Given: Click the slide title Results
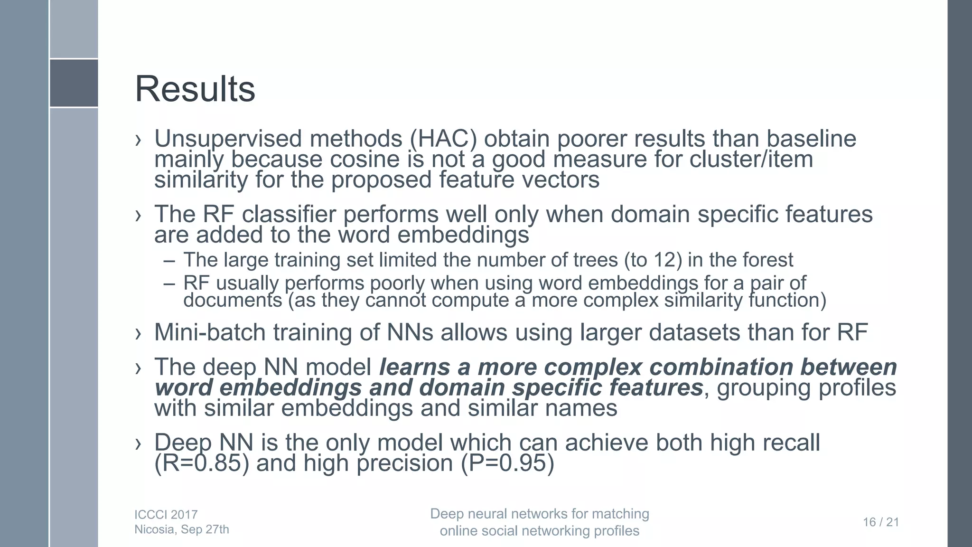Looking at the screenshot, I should coord(195,89).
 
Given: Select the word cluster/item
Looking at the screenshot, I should coord(751,160).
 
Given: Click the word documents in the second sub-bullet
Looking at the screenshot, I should coord(233,301).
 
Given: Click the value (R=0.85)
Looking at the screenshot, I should coord(202,463).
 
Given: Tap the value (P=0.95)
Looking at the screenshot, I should coord(507,463).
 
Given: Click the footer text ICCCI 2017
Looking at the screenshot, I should coord(166,515).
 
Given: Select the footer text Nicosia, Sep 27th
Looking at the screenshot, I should coord(182,530).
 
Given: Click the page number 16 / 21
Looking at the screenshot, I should coord(881,522).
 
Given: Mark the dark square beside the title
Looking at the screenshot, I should coord(74,83).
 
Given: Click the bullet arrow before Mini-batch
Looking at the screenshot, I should coord(138,334).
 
